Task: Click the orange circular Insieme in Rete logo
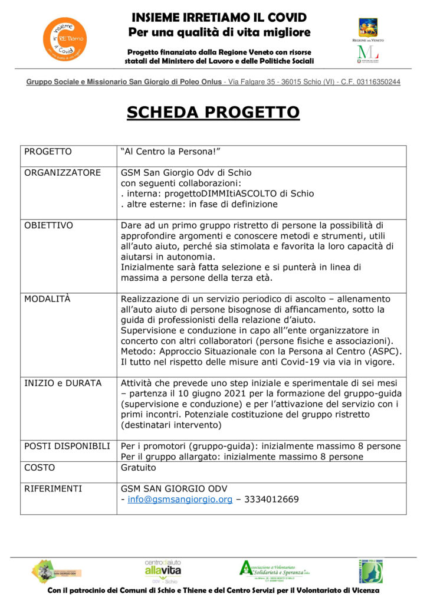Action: click(64, 39)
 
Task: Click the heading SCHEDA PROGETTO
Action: click(213, 112)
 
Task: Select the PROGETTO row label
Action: click(48, 152)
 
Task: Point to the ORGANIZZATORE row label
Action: click(63, 173)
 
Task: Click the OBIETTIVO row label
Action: click(48, 225)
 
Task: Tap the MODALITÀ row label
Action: click(47, 299)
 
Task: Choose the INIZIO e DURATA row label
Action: click(63, 383)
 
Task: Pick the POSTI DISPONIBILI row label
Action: click(67, 446)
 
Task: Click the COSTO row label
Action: click(40, 468)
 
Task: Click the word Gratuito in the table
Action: click(139, 468)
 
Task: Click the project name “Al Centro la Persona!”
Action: click(170, 152)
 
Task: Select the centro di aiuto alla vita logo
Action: click(163, 570)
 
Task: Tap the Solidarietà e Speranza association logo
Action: click(274, 570)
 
